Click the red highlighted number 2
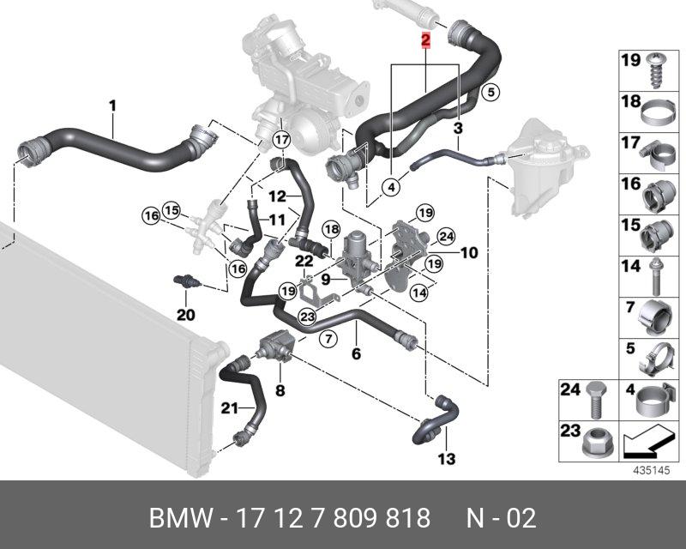(425, 40)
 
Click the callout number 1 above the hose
(112, 106)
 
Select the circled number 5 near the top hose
(490, 93)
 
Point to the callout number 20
(185, 315)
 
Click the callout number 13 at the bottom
(447, 459)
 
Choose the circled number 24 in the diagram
(446, 237)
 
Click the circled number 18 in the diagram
(331, 229)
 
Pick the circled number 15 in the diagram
(172, 210)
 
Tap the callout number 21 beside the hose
(229, 408)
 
